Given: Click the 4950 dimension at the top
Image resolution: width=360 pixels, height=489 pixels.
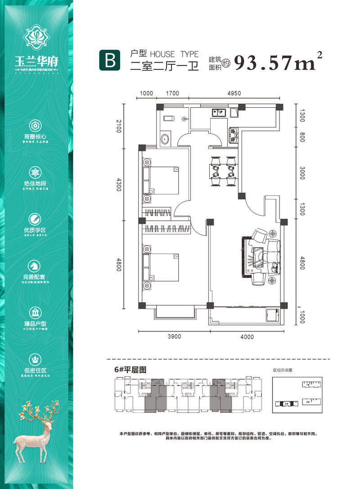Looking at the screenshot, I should click(234, 94).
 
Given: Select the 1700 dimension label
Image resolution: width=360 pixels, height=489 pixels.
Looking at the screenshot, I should click(172, 94).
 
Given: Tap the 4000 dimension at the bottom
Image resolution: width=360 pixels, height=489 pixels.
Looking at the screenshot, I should click(247, 337).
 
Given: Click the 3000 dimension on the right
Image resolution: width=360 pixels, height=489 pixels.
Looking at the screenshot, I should click(302, 173).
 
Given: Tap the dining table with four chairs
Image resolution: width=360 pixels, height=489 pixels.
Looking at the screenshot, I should click(222, 171).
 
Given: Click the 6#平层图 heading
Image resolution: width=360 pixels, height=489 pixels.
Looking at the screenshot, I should click(131, 370).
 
